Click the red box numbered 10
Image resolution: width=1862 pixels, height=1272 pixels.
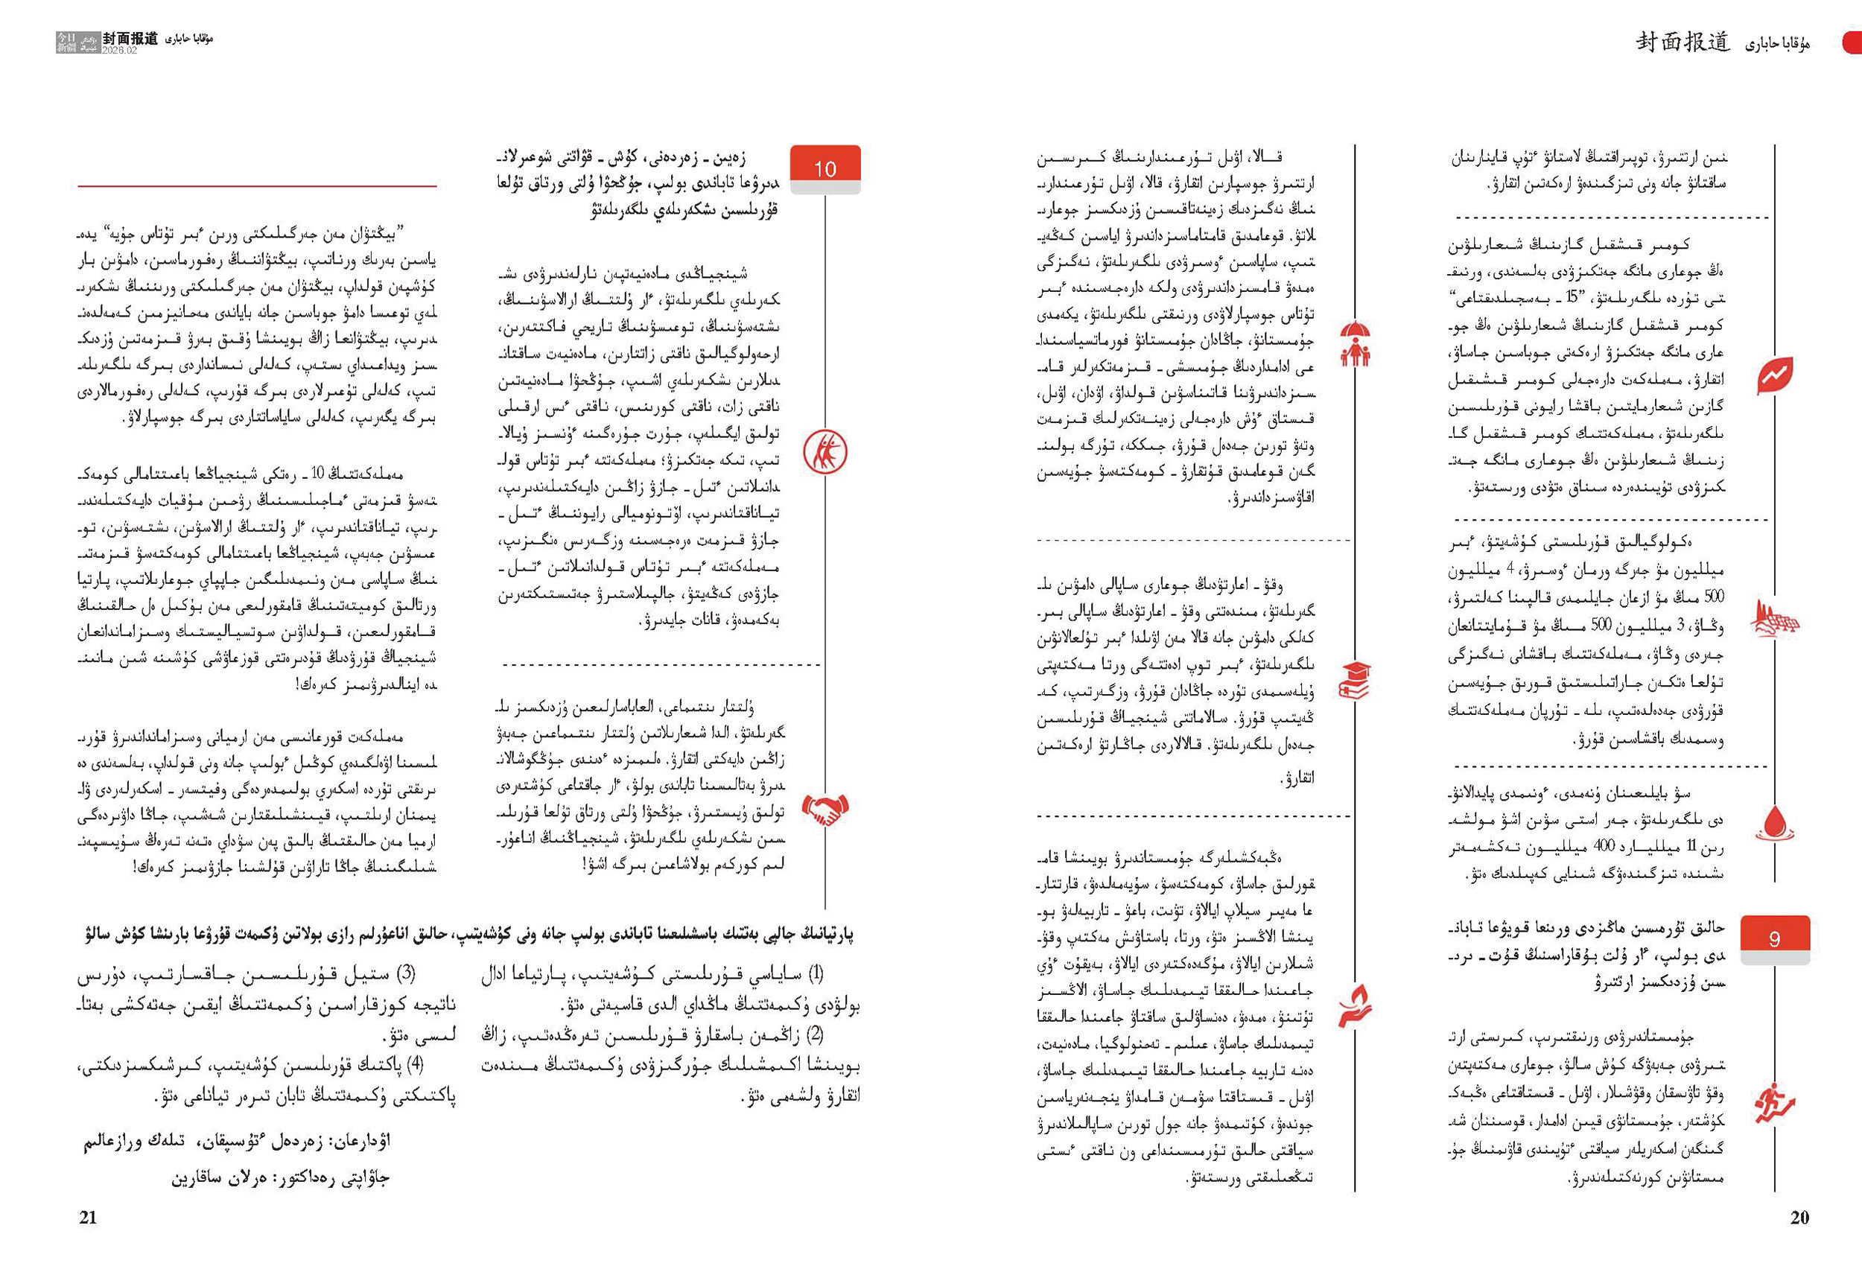coord(824,168)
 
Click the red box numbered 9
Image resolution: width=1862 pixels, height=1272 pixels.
coord(1774,938)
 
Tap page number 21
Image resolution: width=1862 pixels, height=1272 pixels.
coord(87,1218)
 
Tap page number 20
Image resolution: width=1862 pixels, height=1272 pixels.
coord(1799,1218)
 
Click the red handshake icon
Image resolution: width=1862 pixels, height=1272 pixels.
coord(824,810)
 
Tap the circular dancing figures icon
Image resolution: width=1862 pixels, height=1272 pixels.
coord(824,452)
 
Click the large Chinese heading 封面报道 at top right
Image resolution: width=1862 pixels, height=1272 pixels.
coord(1683,43)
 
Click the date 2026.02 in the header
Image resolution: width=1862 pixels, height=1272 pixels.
coord(119,51)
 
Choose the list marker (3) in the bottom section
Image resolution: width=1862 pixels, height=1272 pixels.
coord(406,974)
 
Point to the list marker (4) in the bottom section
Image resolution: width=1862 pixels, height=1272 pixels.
coord(414,1064)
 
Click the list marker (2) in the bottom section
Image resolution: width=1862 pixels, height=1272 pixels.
coord(815,1034)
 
